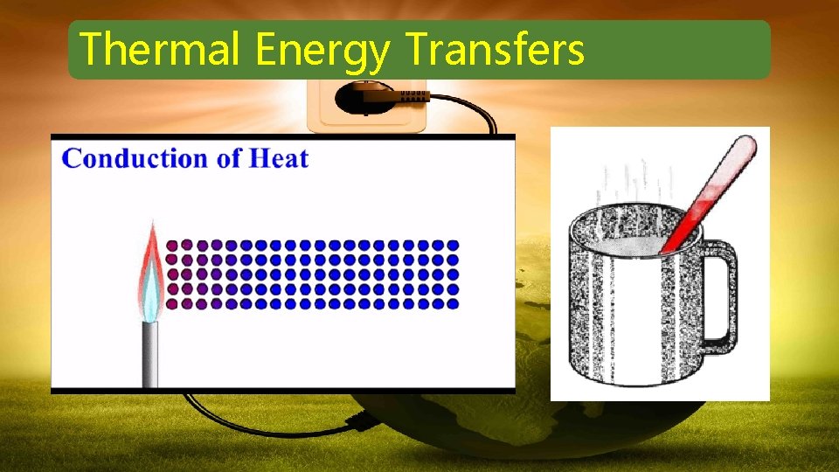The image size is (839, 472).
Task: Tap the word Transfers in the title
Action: click(x=495, y=49)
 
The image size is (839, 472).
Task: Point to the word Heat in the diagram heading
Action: click(x=279, y=158)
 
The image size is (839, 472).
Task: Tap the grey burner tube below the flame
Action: click(x=151, y=354)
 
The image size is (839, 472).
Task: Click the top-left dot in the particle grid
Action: click(x=171, y=246)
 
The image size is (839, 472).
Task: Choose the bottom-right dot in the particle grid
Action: click(x=453, y=304)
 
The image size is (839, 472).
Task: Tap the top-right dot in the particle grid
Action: click(x=453, y=246)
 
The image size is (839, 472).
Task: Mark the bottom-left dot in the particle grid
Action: click(x=171, y=304)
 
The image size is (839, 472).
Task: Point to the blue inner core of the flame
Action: click(x=152, y=293)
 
